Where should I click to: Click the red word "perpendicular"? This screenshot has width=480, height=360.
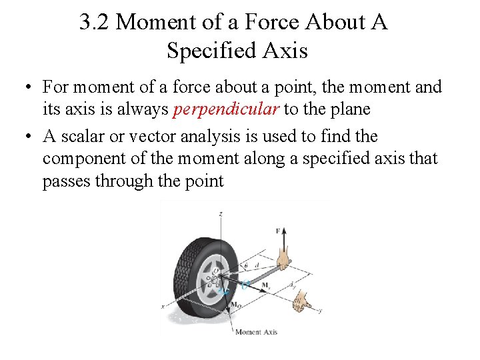[x=225, y=109]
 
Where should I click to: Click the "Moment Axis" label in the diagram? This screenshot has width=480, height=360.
[x=256, y=332]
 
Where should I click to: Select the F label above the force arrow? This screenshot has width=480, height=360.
[x=278, y=231]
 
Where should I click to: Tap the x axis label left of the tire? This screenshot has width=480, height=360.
[x=163, y=306]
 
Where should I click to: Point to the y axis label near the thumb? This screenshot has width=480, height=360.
[x=321, y=311]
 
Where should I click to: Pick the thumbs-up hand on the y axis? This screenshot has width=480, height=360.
[x=305, y=301]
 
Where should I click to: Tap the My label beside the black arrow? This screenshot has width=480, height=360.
[x=265, y=285]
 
